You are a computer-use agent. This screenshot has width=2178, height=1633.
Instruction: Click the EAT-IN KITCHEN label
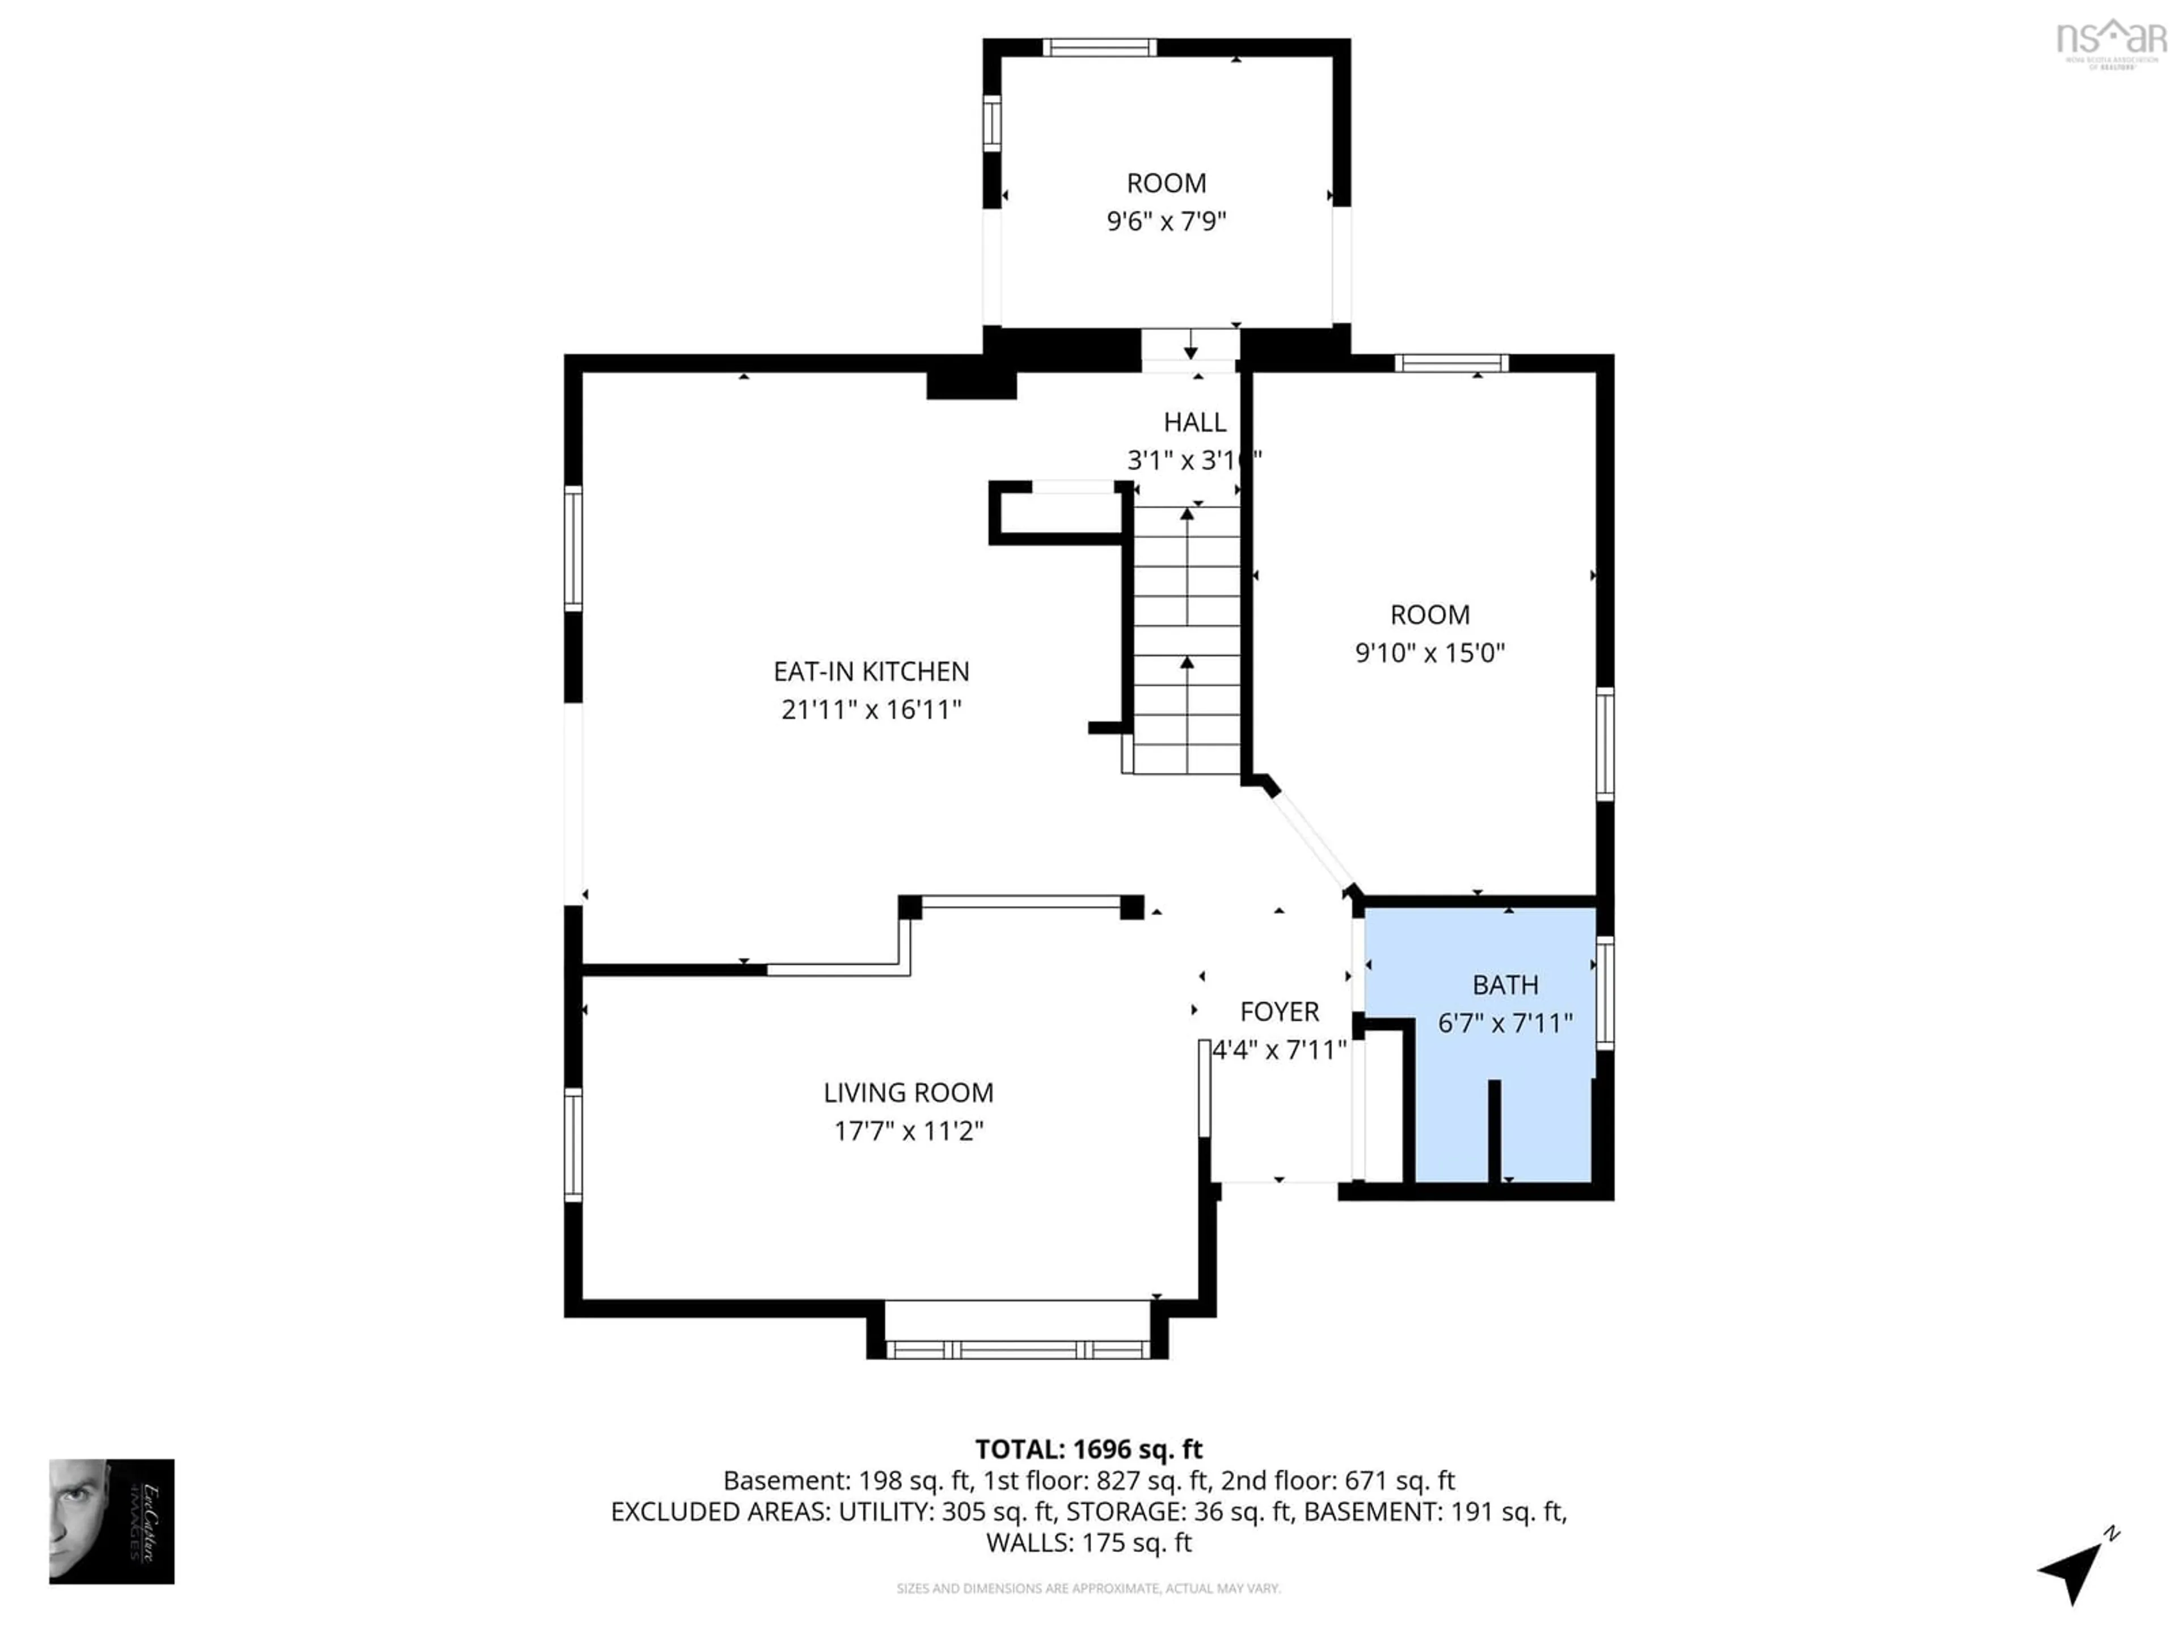pos(871,671)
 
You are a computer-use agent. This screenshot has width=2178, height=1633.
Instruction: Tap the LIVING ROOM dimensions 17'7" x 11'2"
pos(908,1131)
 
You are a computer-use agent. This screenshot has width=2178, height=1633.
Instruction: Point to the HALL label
pos(1194,422)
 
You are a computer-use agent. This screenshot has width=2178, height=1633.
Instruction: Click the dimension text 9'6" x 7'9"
pos(1166,222)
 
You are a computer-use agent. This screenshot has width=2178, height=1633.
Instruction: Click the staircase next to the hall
pos(1187,640)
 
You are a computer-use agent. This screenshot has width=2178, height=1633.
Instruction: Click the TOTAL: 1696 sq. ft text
pos(1088,1449)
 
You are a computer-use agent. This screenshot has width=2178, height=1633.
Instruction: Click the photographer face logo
pos(111,1521)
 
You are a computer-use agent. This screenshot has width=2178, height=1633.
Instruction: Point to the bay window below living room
pos(1017,1348)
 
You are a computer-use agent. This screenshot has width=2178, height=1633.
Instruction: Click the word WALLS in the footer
pos(1029,1542)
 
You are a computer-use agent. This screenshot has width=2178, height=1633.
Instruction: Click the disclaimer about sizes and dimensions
pos(1088,1589)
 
